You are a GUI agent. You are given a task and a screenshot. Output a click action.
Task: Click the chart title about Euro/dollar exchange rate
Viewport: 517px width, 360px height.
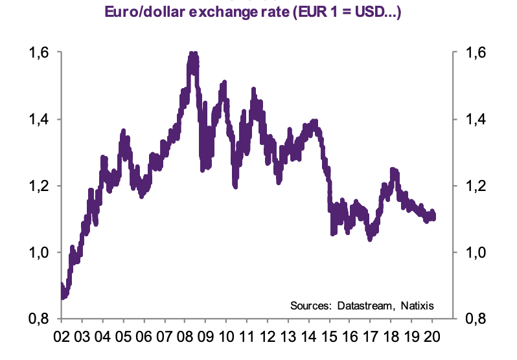[258, 11]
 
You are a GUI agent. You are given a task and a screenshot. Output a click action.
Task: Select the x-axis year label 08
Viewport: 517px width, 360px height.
[185, 337]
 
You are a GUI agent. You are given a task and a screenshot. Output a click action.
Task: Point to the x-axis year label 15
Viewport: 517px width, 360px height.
[330, 337]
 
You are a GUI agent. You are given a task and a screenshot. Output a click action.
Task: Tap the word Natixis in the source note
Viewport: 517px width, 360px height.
[415, 305]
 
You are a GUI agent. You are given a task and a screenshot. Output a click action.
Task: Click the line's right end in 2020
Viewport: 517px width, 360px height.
[433, 217]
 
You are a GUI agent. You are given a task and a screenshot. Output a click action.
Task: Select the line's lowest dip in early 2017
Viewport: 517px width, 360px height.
[370, 238]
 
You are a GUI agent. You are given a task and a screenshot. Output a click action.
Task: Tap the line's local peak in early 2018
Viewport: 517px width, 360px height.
[393, 170]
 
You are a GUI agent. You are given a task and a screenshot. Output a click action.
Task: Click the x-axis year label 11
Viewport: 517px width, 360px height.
[247, 337]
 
